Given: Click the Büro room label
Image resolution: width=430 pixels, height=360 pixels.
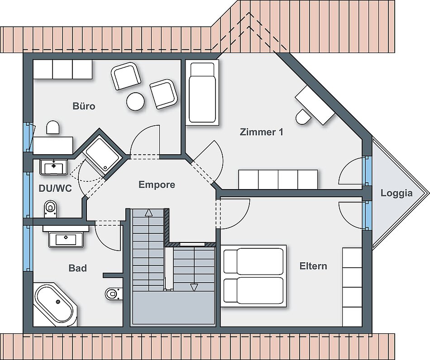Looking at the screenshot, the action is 84,106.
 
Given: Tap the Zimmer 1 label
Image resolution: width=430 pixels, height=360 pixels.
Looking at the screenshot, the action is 261,132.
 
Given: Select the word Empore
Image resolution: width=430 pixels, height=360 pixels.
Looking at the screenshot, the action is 157,185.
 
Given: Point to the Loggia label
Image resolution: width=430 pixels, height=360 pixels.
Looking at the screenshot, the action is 396,194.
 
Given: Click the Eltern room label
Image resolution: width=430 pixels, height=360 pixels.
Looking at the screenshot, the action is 313,266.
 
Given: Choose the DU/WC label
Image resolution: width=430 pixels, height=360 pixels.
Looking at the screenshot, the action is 55,189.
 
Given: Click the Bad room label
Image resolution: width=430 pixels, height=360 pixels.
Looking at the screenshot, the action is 77,268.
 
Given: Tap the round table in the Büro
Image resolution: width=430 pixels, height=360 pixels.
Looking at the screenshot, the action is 135,101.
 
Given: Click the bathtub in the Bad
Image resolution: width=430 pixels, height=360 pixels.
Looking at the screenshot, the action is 55,305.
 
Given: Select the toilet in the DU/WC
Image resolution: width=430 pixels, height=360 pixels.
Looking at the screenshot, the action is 50,209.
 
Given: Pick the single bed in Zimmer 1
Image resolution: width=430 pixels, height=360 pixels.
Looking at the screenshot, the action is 202,93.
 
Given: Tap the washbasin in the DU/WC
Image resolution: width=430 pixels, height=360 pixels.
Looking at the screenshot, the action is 54,167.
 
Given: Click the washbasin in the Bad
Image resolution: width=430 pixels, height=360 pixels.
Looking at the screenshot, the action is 66,239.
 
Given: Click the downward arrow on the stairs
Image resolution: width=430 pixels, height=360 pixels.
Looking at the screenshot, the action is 194,287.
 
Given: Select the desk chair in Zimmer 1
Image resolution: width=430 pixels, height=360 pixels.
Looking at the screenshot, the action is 303,117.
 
